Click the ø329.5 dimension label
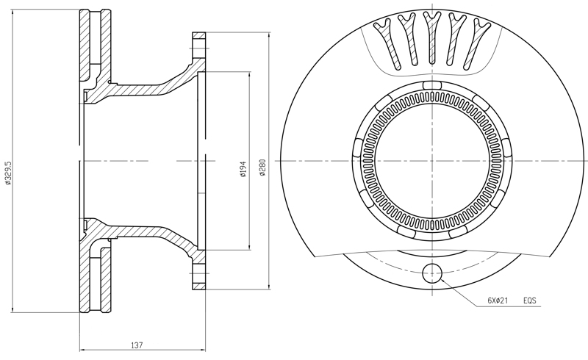tap(9, 173)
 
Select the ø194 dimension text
tap(243, 169)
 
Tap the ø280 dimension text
tap(262, 168)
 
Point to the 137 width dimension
tap(137, 345)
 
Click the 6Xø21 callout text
tap(498, 300)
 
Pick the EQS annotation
tap(530, 300)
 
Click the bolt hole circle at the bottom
tap(432, 273)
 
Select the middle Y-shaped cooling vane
tap(432, 37)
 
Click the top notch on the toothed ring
tap(432, 85)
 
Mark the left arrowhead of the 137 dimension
tap(82, 350)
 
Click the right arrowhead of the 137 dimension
tap(203, 350)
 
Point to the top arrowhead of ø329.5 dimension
tap(13, 12)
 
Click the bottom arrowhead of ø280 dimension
tap(269, 287)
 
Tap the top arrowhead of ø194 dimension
tap(249, 75)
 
